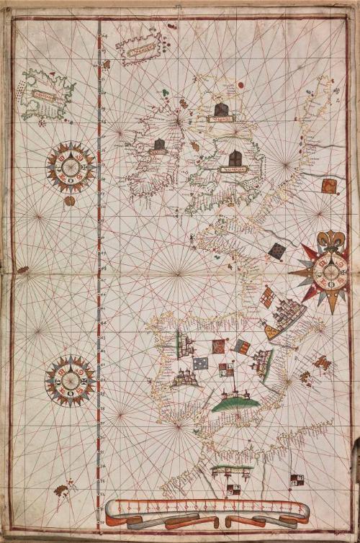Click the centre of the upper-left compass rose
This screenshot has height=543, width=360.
71,168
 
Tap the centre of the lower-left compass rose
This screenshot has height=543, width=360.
70,380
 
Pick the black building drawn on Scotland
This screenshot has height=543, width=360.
221,109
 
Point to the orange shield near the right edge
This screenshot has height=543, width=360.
329,187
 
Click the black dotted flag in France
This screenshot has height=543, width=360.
277,251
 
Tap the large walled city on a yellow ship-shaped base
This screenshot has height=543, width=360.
284,317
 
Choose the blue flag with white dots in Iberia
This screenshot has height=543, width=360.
200,364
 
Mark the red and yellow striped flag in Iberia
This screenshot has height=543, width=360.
243,347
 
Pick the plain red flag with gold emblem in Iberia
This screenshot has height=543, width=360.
217,347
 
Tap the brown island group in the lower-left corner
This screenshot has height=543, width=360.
63,490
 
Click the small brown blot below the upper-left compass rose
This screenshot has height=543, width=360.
70,201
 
